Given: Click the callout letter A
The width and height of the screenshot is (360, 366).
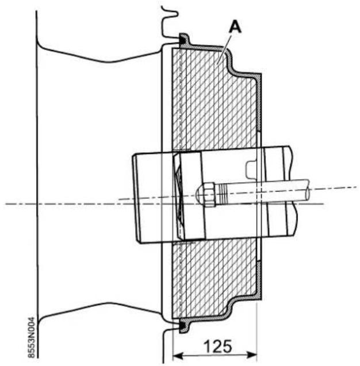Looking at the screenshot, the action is [235, 26].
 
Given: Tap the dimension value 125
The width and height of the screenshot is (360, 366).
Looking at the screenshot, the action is [218, 346].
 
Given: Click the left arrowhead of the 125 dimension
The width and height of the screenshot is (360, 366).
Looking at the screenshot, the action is [178, 356].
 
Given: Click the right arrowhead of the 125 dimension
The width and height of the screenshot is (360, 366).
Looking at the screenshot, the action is [252, 355].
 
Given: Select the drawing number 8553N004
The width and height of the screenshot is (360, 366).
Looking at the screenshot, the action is [32, 337].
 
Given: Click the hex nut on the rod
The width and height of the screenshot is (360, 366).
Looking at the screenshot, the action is [209, 194].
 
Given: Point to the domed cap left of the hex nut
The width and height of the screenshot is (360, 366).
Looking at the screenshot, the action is [200, 194].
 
